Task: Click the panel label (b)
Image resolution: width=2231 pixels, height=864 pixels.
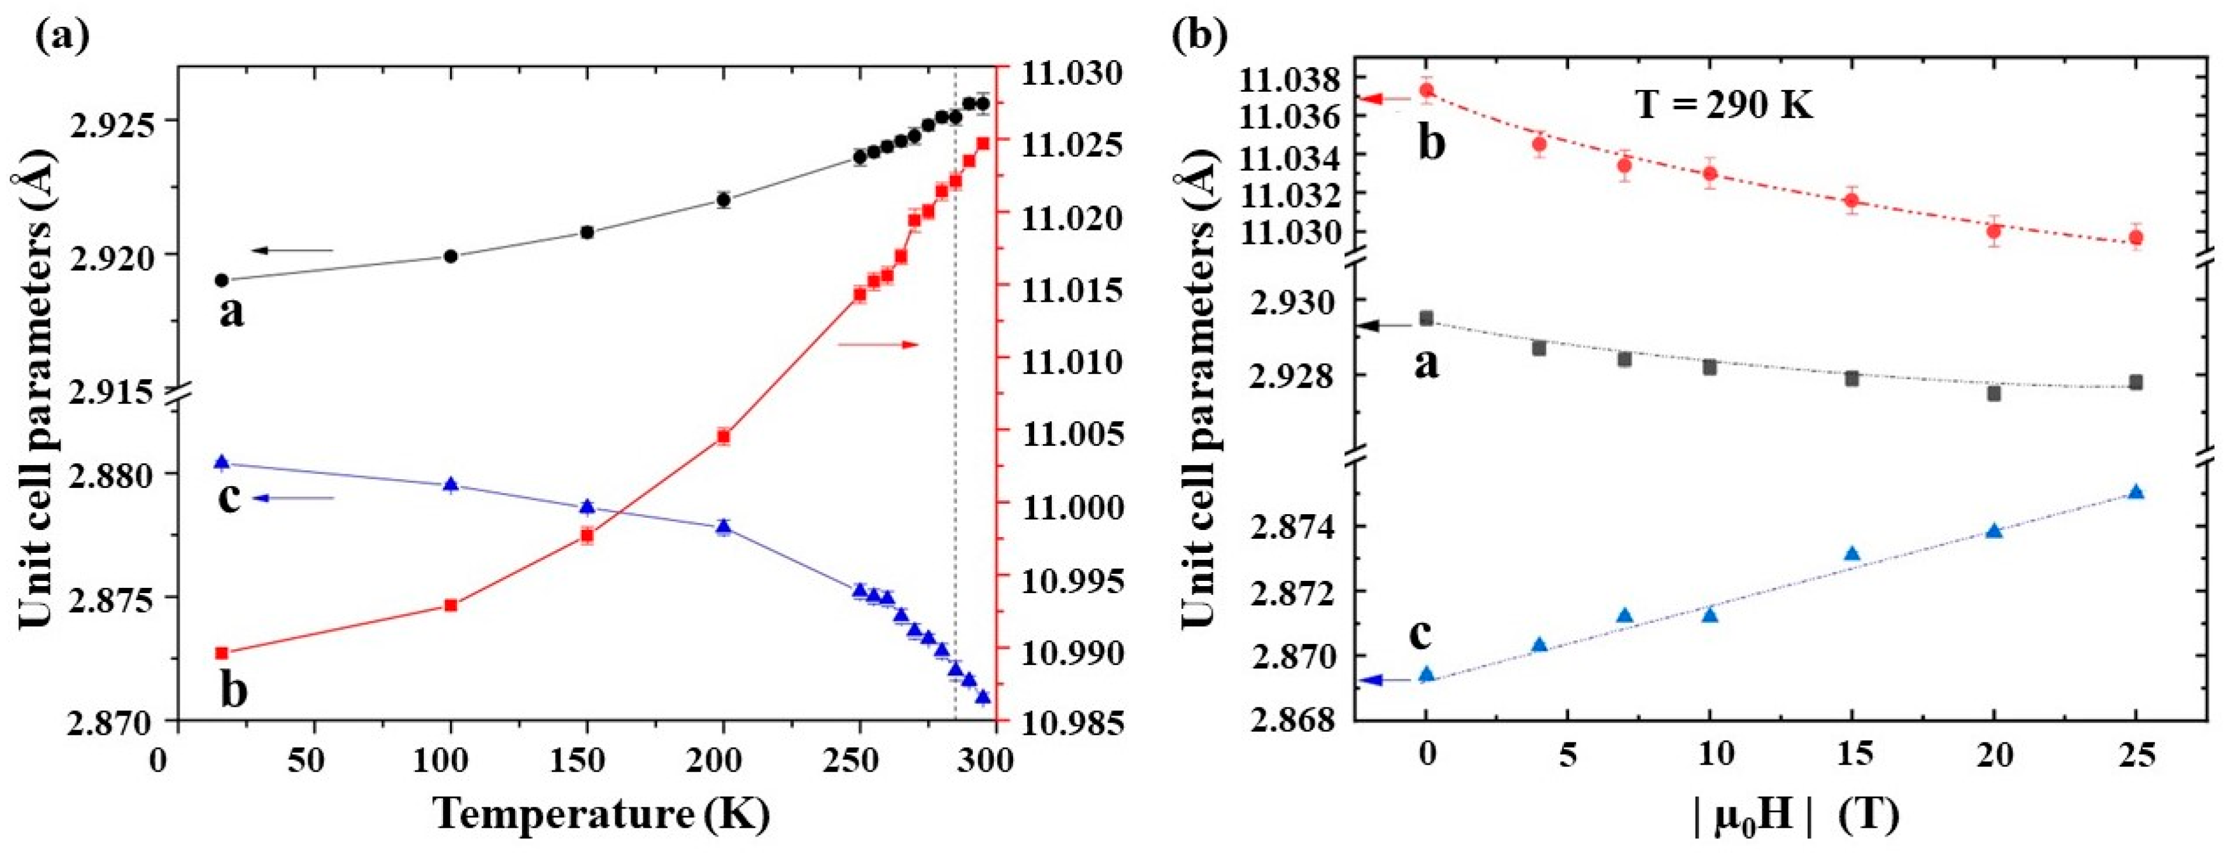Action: click(x=1200, y=36)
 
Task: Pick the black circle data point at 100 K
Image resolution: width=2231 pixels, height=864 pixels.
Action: click(x=451, y=256)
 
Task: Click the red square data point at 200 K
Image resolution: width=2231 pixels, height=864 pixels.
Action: click(x=723, y=437)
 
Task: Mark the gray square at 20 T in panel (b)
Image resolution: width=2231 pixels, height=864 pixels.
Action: click(x=1994, y=393)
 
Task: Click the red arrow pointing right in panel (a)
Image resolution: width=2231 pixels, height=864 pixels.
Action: click(x=878, y=345)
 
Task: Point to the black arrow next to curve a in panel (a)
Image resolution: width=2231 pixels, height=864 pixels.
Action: click(x=293, y=251)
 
